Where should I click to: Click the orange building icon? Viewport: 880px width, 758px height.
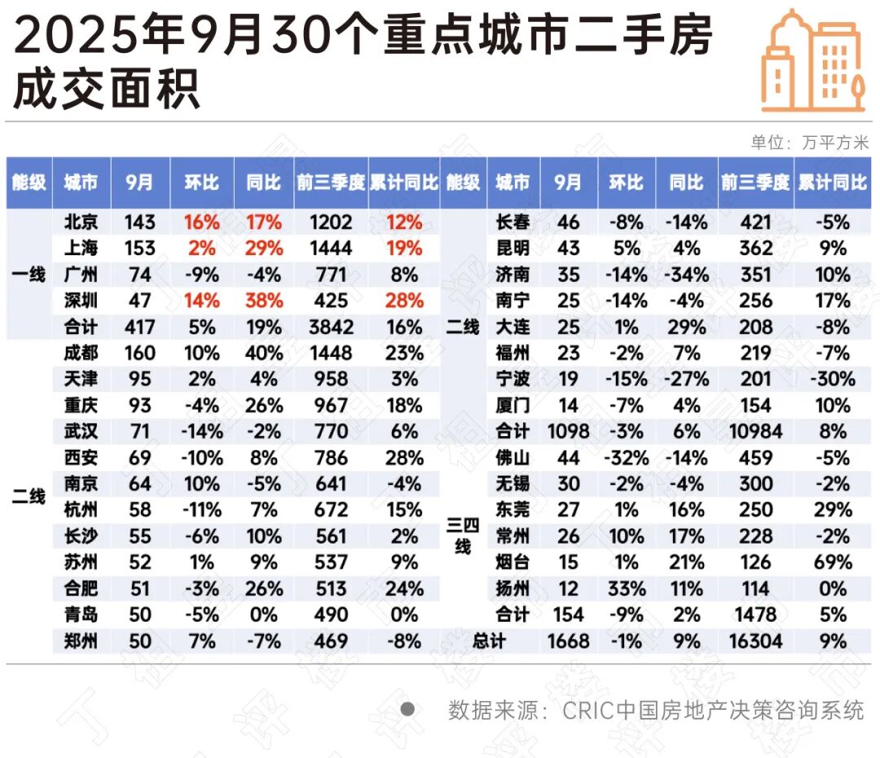click(x=812, y=60)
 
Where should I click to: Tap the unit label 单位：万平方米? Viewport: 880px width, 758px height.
click(x=809, y=143)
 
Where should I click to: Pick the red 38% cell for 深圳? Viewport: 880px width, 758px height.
click(x=264, y=301)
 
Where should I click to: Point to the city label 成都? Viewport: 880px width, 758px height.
click(x=81, y=353)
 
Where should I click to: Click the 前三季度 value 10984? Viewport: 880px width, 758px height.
click(x=755, y=431)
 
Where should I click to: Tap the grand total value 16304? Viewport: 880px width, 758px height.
click(x=755, y=641)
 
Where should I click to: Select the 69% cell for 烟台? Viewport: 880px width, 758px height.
click(x=833, y=562)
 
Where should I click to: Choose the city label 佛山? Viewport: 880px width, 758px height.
click(x=513, y=458)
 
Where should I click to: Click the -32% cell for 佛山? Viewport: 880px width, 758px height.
click(x=627, y=458)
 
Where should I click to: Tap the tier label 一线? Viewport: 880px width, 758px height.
click(x=29, y=275)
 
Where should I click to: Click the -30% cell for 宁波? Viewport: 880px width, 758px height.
click(x=833, y=380)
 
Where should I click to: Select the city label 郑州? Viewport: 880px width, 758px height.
click(x=81, y=641)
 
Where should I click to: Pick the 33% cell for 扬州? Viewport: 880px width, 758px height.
click(x=627, y=588)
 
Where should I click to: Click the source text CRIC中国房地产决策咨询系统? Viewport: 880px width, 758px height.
click(x=713, y=710)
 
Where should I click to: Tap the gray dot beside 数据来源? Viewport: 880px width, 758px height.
click(x=407, y=709)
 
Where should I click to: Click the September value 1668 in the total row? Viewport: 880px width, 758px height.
click(x=568, y=641)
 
